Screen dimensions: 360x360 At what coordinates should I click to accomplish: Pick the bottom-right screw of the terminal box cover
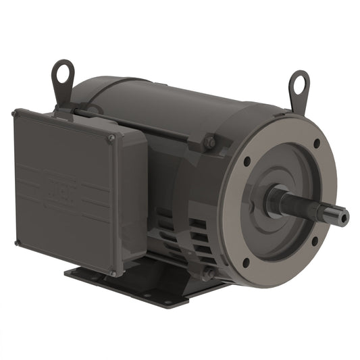(x=113, y=273)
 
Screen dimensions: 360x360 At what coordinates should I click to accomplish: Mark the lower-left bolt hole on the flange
(x=245, y=262)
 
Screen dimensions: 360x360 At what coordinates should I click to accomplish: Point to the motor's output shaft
(x=311, y=205)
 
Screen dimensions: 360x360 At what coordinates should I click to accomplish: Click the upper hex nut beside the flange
(x=210, y=143)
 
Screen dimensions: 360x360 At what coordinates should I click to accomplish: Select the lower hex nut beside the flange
(x=209, y=273)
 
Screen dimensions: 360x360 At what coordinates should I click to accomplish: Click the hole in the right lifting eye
(x=299, y=83)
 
